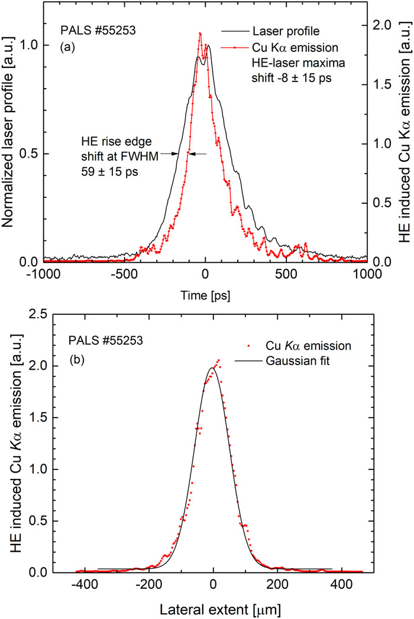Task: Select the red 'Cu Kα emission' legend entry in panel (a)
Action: tap(284, 45)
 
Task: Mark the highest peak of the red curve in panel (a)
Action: tap(200, 33)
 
